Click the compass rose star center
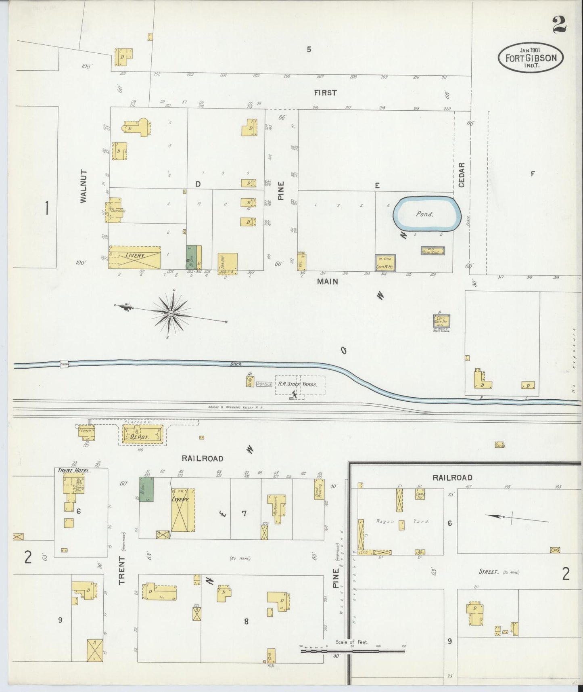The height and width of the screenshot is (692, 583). click(171, 313)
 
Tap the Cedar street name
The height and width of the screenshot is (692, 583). click(462, 175)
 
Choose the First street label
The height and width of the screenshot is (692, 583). click(325, 93)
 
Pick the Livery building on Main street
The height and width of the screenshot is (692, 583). click(135, 257)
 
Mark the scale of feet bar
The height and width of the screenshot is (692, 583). click(353, 651)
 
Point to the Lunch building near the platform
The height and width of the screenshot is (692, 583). click(86, 432)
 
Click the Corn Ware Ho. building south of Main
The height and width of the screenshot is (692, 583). click(441, 321)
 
